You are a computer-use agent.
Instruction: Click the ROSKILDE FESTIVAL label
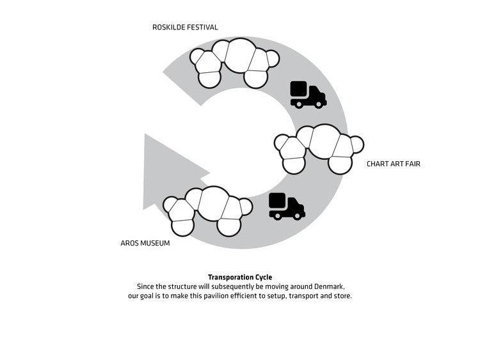tap(185, 27)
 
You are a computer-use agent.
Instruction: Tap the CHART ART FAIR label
tap(393, 164)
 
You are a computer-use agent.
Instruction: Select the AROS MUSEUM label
tap(145, 244)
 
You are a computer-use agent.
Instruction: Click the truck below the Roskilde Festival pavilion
tap(308, 95)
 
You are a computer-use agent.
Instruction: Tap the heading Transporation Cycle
tap(240, 278)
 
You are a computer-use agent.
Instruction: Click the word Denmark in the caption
tap(330, 286)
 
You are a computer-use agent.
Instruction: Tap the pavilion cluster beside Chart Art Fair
tap(319, 148)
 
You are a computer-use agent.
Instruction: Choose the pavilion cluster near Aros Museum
tap(207, 209)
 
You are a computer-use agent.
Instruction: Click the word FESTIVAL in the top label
tap(200, 27)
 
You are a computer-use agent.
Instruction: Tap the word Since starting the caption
tap(147, 286)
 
